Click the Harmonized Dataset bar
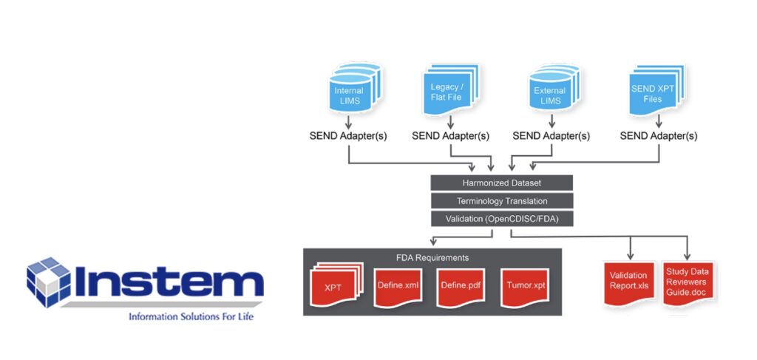pos(502,182)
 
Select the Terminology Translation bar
pos(502,200)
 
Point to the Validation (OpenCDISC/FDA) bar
pos(502,219)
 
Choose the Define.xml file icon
pos(398,285)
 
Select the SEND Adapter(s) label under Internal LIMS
pos(348,136)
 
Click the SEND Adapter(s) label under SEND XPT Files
pos(659,136)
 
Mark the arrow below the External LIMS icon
pos(551,121)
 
